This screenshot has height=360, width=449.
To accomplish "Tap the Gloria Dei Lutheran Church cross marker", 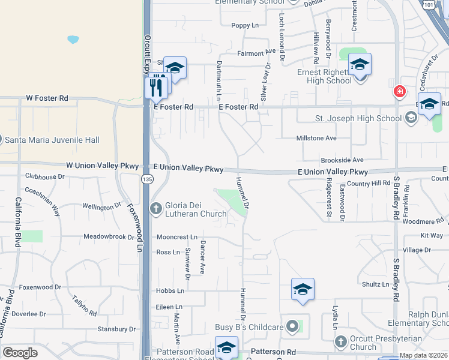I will [x=155, y=208].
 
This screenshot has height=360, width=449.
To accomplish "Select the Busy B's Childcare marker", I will [x=292, y=326].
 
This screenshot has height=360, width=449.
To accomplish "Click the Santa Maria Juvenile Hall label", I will [x=52, y=140].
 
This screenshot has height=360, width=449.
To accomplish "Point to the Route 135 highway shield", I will [x=148, y=179].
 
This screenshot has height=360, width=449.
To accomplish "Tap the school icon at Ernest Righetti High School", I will [x=360, y=64].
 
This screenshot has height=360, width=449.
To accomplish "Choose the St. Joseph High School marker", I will [x=411, y=118].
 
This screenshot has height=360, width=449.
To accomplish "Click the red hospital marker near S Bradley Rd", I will [x=399, y=92].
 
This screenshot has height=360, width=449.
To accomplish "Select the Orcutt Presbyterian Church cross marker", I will [x=340, y=341].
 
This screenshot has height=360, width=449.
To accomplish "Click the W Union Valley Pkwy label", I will [x=102, y=165].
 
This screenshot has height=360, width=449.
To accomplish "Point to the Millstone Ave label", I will [x=316, y=138].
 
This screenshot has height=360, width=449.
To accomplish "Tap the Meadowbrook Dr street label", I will [x=109, y=237].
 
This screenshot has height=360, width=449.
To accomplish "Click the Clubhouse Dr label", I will [x=44, y=176].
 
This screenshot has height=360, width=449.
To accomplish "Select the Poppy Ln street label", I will [x=244, y=25].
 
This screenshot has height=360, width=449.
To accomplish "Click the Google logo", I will [x=20, y=353].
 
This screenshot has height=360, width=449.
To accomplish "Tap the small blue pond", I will [x=73, y=40].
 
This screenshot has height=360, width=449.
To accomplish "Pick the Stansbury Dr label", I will [x=116, y=329].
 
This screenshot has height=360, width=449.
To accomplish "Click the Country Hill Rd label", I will [x=368, y=183].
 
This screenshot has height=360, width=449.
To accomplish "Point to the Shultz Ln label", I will [x=376, y=284].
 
